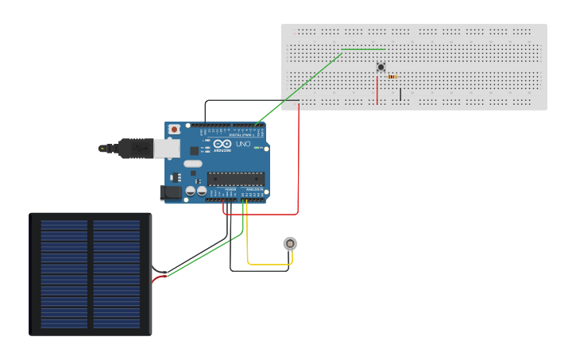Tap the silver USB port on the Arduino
(x=167, y=148)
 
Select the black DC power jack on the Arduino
(x=168, y=192)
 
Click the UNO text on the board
(x=242, y=145)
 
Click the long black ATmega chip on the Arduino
(x=235, y=176)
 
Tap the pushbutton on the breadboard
(x=381, y=68)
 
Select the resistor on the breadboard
(x=393, y=76)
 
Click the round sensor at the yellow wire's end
(x=291, y=243)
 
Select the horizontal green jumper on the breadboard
(x=364, y=50)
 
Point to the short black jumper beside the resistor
(x=400, y=94)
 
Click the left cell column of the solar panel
(x=64, y=274)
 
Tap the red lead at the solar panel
(x=160, y=277)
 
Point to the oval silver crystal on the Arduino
(x=193, y=164)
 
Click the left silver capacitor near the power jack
(x=191, y=191)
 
